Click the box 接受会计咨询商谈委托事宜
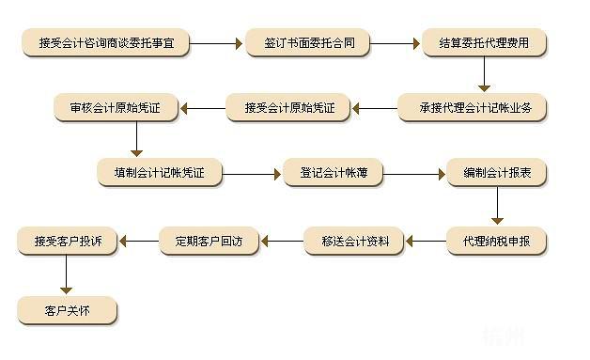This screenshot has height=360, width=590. [114, 43]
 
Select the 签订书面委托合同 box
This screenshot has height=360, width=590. [307, 43]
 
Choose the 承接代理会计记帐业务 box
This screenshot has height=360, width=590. [472, 108]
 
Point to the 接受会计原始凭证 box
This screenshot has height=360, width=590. [289, 108]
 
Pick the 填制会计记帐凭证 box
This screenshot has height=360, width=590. [159, 174]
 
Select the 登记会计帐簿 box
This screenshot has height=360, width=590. [332, 174]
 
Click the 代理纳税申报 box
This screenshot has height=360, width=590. [495, 242]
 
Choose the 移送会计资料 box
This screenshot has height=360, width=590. [353, 242]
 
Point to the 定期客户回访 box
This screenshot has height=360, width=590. [208, 242]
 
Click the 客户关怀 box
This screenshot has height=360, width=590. [66, 309]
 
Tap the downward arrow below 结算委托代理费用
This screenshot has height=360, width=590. [485, 74]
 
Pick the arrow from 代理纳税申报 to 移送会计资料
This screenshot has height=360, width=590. [426, 242]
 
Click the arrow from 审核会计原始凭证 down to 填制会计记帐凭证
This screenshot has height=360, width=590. [136, 140]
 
